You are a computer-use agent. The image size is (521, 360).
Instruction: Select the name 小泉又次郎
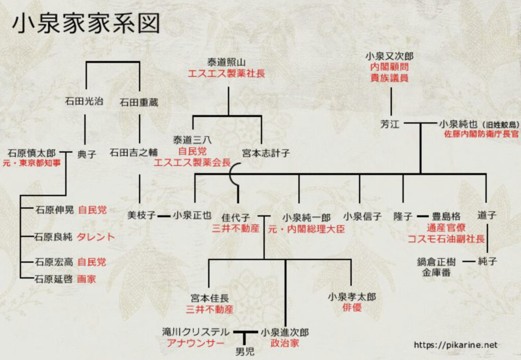point(389,56)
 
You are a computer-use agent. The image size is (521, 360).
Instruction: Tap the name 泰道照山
point(226,62)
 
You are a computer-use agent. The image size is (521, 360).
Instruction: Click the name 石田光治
point(84,101)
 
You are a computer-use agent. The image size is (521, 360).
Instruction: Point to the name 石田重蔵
point(139,102)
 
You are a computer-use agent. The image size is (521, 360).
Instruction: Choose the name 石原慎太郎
point(32,153)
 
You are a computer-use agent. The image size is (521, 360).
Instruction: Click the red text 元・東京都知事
point(32,163)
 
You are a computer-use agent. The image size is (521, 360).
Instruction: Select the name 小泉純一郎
point(306,218)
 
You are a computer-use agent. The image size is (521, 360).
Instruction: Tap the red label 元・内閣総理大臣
point(306,229)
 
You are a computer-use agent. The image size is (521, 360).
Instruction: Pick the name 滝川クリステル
point(196,332)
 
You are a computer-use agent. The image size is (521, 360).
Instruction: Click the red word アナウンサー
point(195,343)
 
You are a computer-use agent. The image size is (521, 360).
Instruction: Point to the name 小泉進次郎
point(285,333)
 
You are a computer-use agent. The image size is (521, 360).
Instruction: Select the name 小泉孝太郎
point(352,297)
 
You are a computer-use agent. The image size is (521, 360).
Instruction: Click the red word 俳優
point(352,308)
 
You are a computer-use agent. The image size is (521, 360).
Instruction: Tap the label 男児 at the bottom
point(245,352)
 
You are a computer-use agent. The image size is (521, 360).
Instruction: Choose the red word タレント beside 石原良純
point(96,237)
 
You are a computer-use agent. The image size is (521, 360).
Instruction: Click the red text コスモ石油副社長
point(446,239)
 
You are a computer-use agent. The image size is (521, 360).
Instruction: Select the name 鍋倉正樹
point(436,262)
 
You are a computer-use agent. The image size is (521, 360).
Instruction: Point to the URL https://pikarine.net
point(455,345)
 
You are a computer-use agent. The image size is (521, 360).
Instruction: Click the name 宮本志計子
point(266,153)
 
